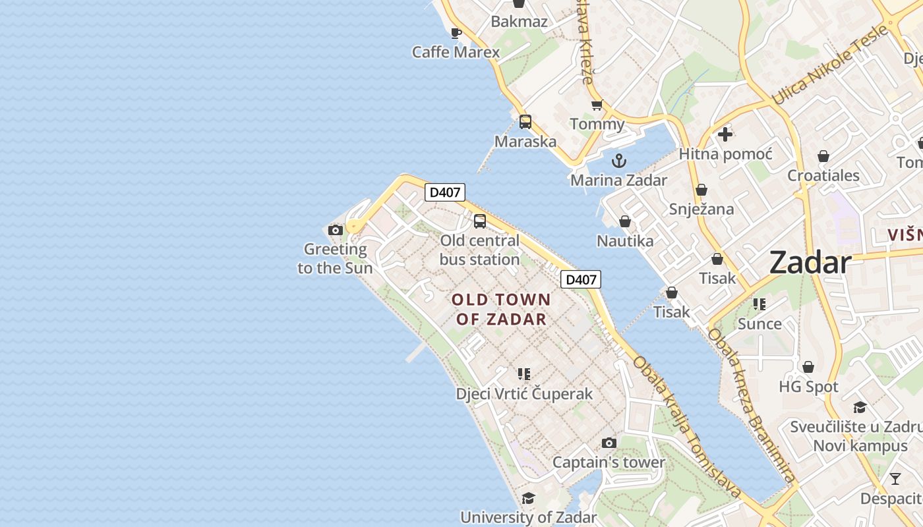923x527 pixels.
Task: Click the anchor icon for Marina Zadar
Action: pos(618,160)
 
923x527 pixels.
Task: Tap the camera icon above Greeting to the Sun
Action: pos(336,230)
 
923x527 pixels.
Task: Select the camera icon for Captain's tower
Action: pos(609,443)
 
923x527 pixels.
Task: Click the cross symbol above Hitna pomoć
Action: pos(725,134)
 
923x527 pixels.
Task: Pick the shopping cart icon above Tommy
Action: pos(597,105)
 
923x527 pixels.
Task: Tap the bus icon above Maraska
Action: pos(525,122)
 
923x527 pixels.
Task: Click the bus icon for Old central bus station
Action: pos(480,221)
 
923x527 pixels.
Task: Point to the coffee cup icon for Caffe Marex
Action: pos(456,32)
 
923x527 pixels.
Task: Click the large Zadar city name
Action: pos(810,263)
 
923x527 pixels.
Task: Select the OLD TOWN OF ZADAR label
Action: pos(501,310)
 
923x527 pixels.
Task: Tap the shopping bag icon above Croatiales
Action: pos(823,156)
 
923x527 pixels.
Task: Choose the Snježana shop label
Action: pos(701,209)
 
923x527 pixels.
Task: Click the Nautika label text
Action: pos(625,241)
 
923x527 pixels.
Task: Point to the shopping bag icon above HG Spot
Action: pos(808,367)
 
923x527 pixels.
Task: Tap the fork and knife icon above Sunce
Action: pos(759,304)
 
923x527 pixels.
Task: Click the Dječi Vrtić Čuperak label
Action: pos(524,394)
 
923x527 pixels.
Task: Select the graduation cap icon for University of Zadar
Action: pos(528,498)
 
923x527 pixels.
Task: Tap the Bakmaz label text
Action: pos(519,22)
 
